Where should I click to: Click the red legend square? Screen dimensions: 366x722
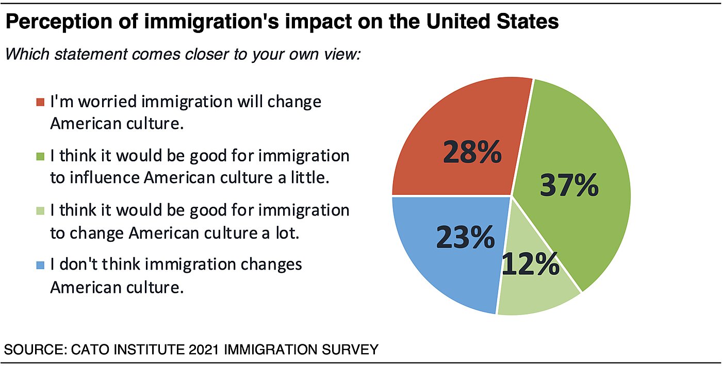tap(41, 102)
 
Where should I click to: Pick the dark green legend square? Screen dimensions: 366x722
tap(41, 156)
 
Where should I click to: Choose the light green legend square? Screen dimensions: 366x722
tap(41, 211)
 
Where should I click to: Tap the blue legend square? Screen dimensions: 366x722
tap(41, 265)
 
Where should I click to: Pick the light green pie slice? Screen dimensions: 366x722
tap(536, 291)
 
